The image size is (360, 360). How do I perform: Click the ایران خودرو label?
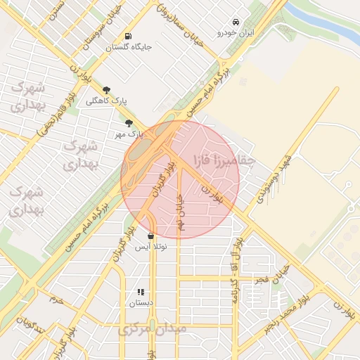tap(235, 33)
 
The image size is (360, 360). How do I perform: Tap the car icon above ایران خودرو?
tap(235, 22)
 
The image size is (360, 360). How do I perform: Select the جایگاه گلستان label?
tap(129, 47)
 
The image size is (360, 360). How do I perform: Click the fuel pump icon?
tap(127, 36)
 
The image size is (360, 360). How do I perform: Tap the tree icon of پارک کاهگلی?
tap(107, 90)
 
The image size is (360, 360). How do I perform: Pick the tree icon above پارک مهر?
tap(128, 123)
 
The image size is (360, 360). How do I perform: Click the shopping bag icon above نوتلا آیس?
tap(151, 236)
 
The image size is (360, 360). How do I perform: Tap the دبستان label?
tap(141, 303)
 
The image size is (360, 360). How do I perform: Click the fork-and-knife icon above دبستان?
tap(141, 292)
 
